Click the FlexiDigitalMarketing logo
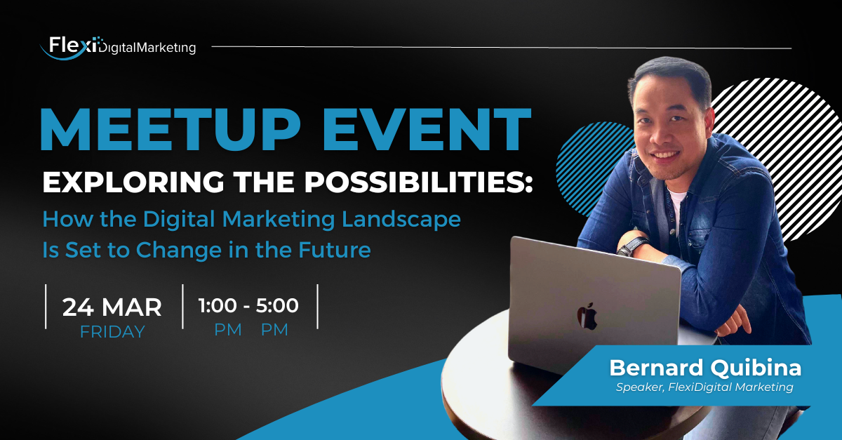(118, 48)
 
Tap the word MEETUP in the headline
(171, 129)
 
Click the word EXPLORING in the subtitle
(133, 182)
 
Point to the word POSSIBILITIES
(418, 182)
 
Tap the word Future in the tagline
(335, 250)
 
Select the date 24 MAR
(112, 307)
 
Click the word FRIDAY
(112, 332)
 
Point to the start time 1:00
(218, 305)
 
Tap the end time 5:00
(277, 305)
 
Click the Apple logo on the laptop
(587, 316)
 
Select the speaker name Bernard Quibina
(705, 368)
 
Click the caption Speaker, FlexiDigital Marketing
(704, 387)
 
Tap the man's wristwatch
(632, 246)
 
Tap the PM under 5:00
(274, 330)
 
